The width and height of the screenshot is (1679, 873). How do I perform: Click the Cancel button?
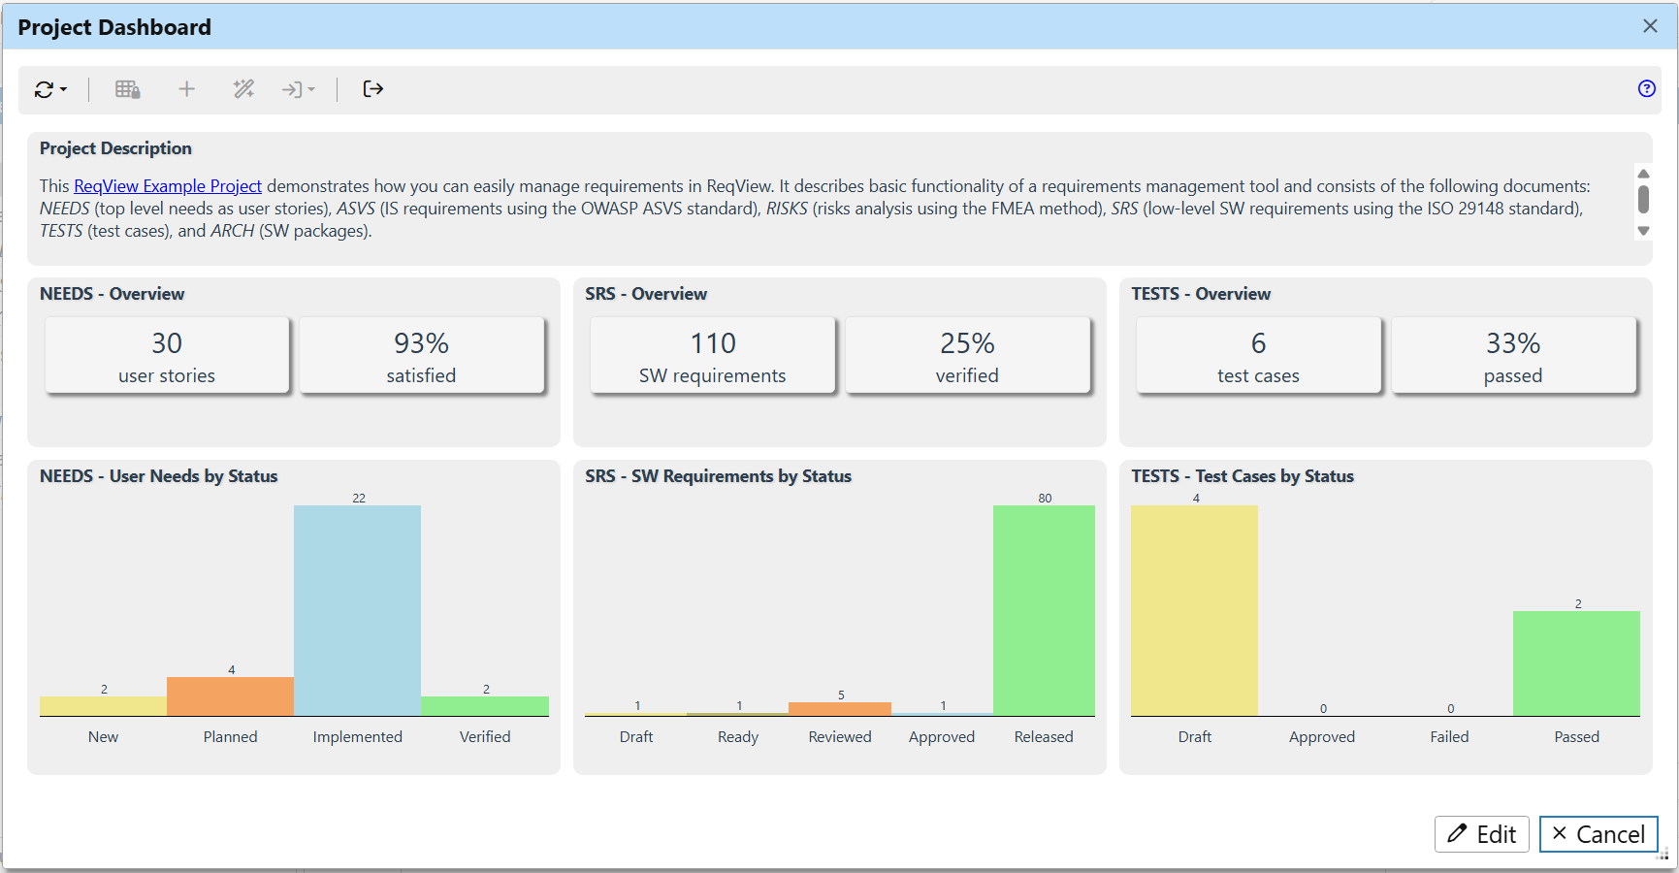coord(1598,834)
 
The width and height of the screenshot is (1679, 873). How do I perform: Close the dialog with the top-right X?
coord(1650,26)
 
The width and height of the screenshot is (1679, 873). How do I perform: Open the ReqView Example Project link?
coord(168,186)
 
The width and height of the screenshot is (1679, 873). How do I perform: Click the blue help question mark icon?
coord(1646,89)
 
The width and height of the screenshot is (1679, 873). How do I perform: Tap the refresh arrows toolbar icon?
coord(45,89)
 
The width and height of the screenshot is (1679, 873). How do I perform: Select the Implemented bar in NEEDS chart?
coord(357,611)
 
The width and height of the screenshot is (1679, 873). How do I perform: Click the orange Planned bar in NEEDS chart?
coord(230,696)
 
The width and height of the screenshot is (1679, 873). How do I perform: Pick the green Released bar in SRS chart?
coord(1044,611)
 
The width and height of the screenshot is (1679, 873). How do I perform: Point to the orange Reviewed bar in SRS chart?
coord(840,709)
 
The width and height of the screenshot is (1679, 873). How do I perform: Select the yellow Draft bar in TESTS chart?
coord(1194,611)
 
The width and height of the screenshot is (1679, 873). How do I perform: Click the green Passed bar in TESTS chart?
coord(1576,663)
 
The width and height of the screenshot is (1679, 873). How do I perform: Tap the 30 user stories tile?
coord(167,356)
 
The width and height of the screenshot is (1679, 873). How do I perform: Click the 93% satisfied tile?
coord(421,356)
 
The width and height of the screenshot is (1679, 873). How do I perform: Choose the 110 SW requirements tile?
coord(713,356)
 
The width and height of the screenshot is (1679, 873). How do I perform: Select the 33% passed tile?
coord(1513,356)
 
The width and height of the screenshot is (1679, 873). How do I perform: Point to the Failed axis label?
coord(1449,737)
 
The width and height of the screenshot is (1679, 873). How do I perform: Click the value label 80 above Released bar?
coord(1045,498)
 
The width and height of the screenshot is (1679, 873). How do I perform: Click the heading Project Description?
coord(115,148)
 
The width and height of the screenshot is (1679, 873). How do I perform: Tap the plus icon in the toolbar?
coord(187,89)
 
